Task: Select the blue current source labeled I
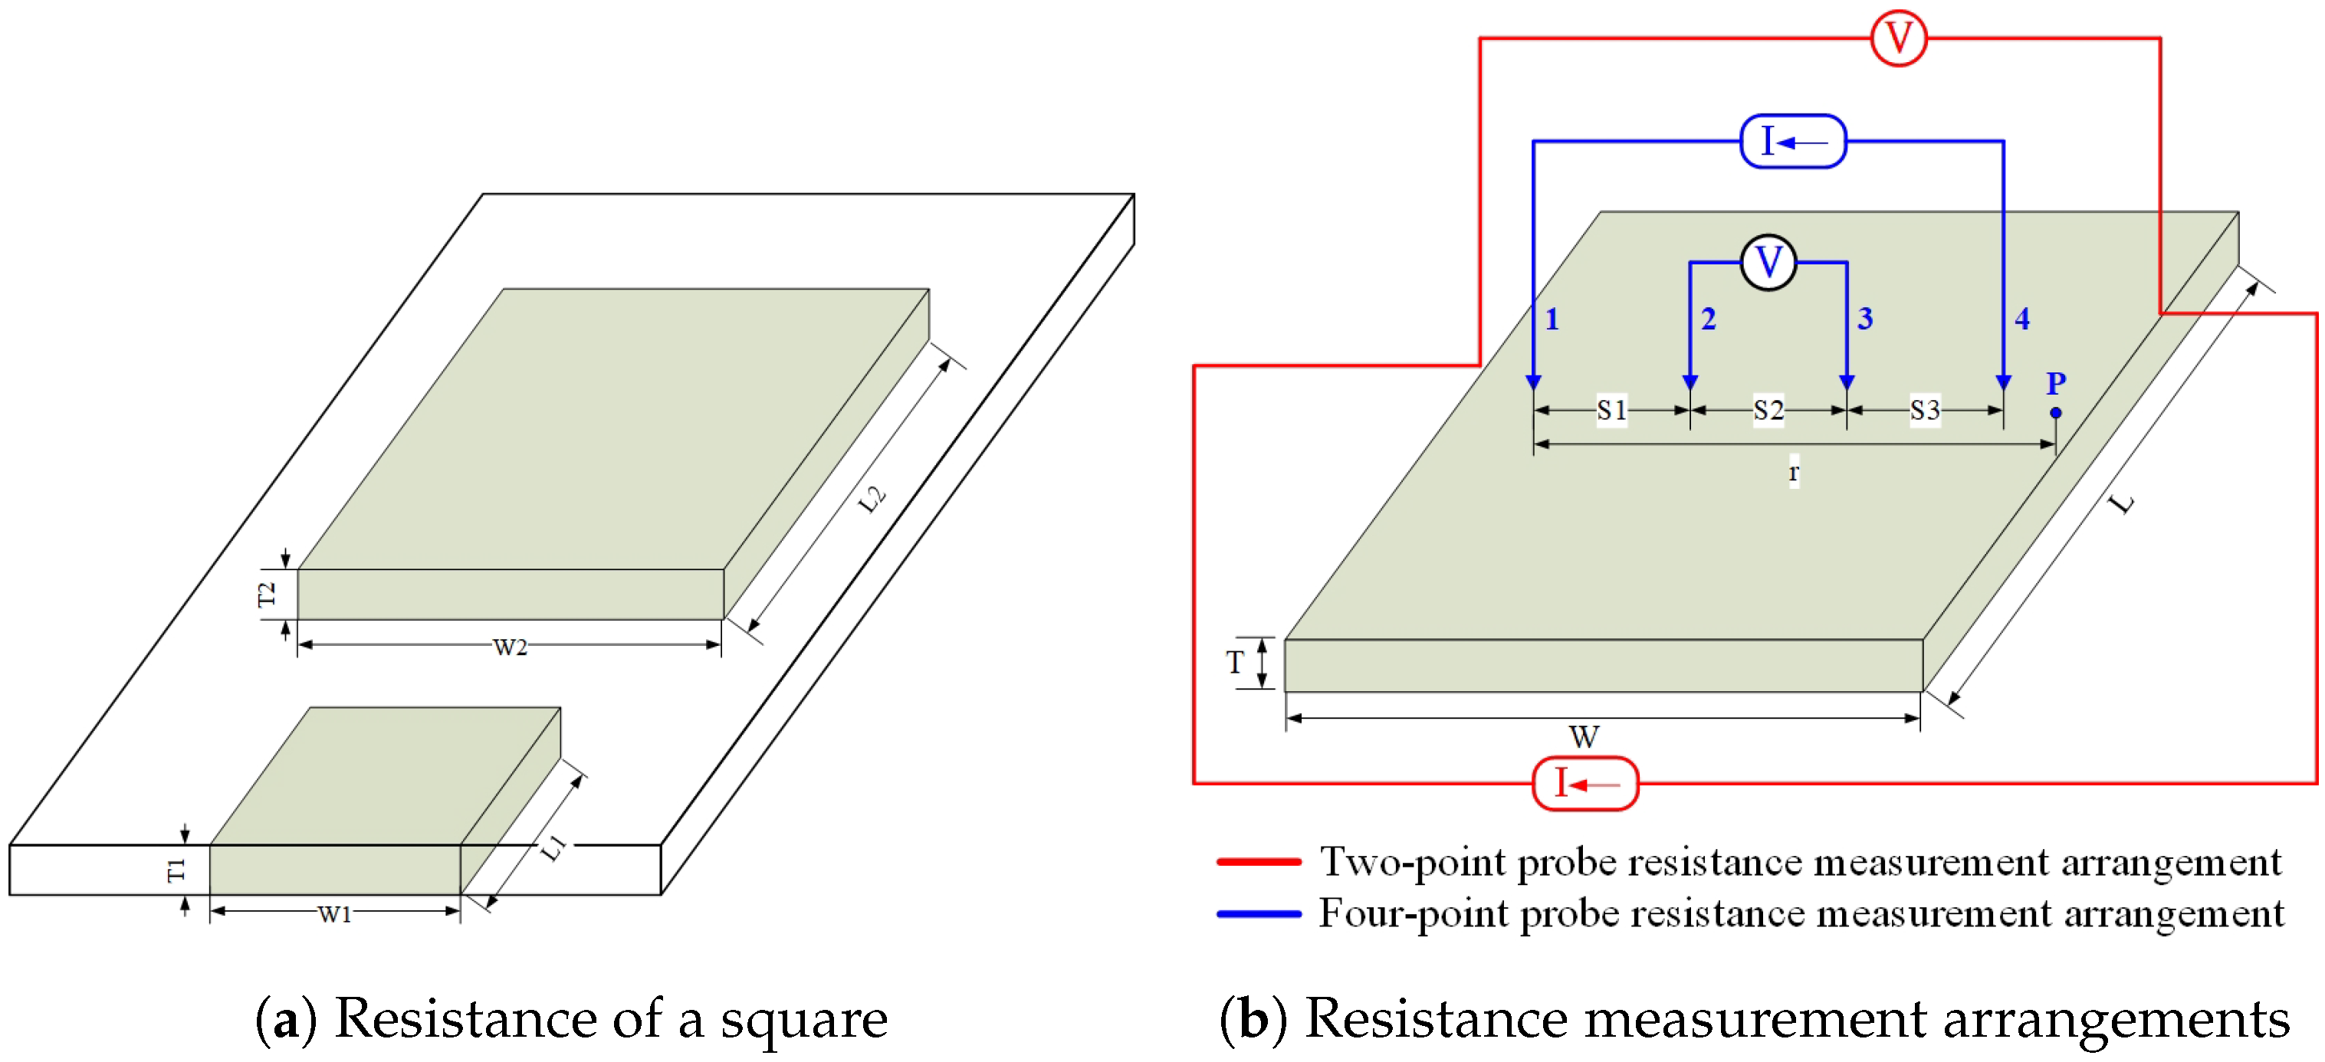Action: coord(1792,142)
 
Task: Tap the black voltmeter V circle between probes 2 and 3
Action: coord(1768,263)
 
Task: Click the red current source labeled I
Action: coord(1585,783)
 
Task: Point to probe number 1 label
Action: coord(1552,319)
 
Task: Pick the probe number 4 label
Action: coord(2021,319)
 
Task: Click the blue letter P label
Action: coord(2056,383)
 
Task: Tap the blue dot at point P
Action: coord(2055,412)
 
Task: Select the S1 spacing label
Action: coord(1612,411)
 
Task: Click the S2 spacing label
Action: coord(1768,411)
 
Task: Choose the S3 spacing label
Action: coord(1924,411)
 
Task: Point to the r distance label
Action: coord(1794,471)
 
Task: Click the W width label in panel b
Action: coord(1584,736)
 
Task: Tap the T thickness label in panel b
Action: coord(1235,664)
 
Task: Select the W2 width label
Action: coord(510,647)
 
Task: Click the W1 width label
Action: coord(335,914)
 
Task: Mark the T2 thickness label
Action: coord(266,595)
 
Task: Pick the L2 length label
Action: coord(871,499)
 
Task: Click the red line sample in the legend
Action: coord(1258,863)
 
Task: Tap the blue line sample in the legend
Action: coord(1258,914)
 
